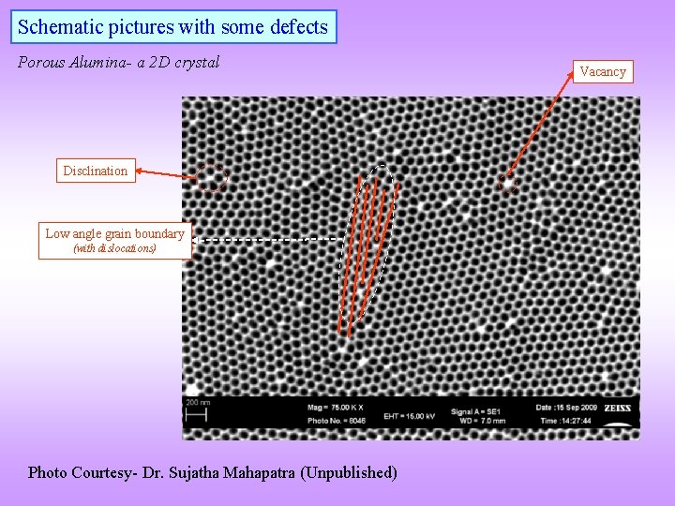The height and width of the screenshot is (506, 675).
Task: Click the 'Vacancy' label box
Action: click(603, 71)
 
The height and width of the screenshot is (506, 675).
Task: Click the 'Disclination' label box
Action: click(95, 171)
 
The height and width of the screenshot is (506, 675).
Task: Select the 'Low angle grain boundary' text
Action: click(115, 233)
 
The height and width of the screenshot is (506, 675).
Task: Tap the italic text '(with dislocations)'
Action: click(114, 248)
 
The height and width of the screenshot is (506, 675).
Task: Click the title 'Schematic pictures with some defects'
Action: click(173, 27)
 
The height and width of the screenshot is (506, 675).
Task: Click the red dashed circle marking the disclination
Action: click(212, 177)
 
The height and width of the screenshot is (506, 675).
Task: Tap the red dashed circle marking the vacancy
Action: click(507, 184)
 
